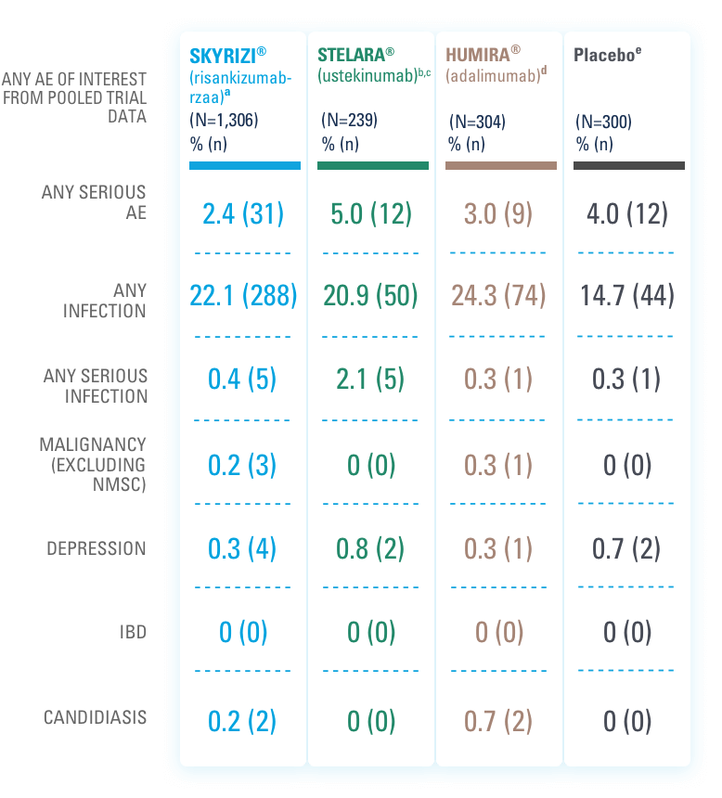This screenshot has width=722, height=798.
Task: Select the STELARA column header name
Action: click(353, 55)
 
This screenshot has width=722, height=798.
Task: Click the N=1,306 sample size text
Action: click(224, 120)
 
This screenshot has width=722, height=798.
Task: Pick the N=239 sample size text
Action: click(349, 120)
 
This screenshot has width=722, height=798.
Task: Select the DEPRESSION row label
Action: click(97, 548)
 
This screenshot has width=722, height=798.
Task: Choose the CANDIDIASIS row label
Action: click(95, 718)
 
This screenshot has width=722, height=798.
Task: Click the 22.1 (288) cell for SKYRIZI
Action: click(244, 295)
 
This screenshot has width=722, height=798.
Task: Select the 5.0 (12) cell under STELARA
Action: click(371, 214)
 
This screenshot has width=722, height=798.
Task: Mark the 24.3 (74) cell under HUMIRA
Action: click(499, 295)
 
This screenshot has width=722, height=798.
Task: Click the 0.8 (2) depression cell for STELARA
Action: click(371, 548)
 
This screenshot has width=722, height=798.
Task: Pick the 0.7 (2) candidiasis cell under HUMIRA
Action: click(499, 721)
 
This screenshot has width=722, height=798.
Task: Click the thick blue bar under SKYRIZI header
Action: click(245, 165)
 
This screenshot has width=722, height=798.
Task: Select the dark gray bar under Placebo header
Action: click(629, 165)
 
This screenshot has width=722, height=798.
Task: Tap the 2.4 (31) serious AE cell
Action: click(244, 214)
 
